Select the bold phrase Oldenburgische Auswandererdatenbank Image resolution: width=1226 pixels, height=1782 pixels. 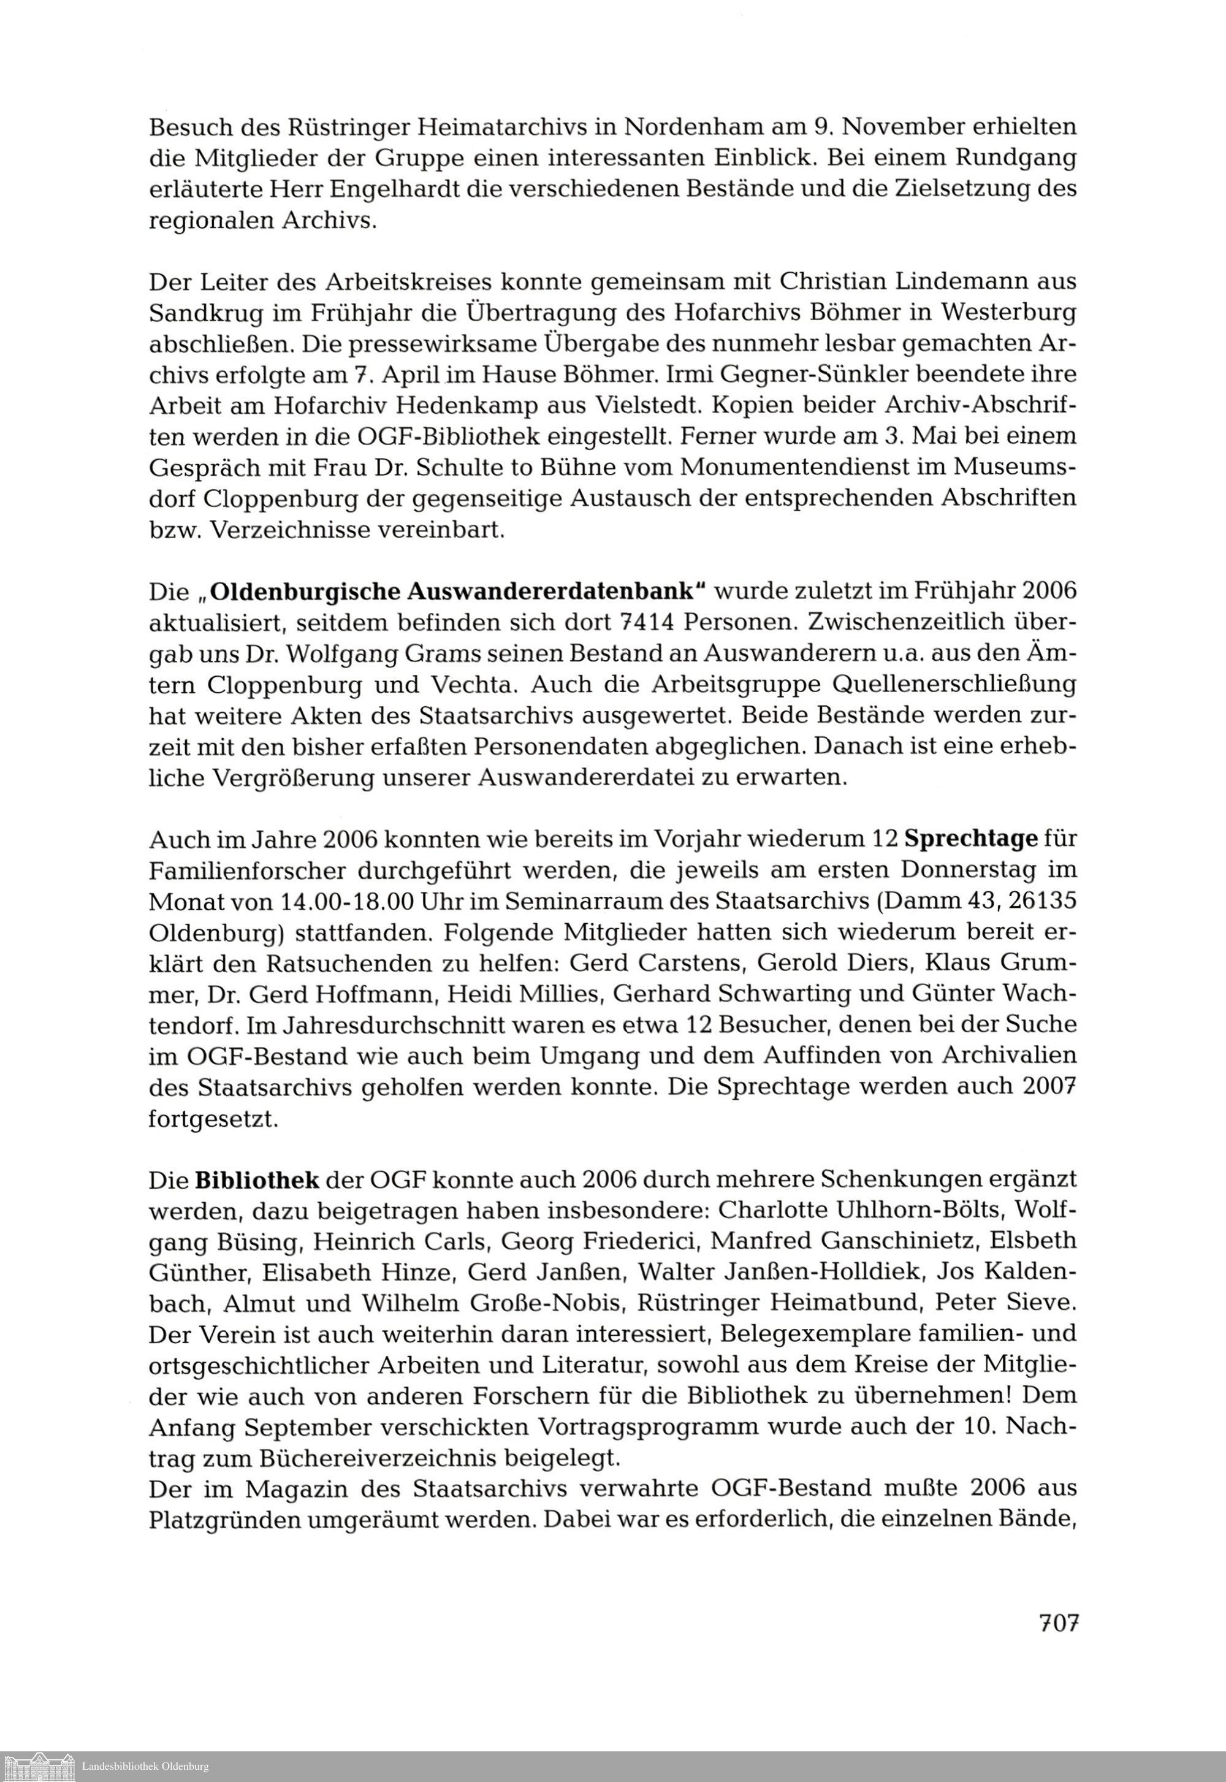pyautogui.click(x=458, y=592)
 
